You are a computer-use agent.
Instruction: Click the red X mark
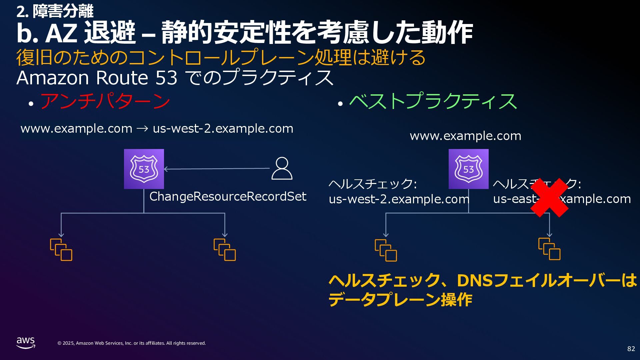click(549, 198)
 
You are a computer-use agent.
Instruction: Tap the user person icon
click(282, 168)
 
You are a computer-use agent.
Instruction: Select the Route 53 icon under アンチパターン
click(144, 169)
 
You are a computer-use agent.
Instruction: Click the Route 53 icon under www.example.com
click(468, 169)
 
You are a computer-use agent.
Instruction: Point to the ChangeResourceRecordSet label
click(228, 196)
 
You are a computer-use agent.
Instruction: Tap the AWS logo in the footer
click(26, 343)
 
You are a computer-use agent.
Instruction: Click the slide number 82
click(631, 349)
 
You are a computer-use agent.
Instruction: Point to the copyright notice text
click(132, 343)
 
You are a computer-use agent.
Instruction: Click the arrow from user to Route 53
click(217, 169)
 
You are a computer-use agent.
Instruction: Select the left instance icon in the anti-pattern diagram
click(61, 250)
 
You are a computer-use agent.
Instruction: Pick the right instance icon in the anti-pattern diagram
click(225, 250)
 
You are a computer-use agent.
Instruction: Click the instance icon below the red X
click(549, 249)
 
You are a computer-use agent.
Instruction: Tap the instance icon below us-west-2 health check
click(386, 250)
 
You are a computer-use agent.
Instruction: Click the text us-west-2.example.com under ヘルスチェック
click(399, 199)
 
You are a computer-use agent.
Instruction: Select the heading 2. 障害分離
click(55, 12)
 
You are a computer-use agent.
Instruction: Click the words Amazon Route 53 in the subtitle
click(97, 78)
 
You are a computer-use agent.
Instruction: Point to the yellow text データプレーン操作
click(400, 299)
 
